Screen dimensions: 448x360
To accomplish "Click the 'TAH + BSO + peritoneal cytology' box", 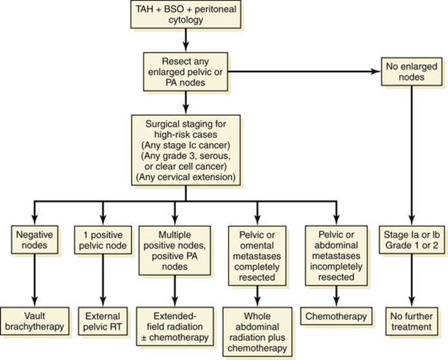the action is click(186, 14).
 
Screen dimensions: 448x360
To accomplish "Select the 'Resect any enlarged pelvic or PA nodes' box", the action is click(185, 72).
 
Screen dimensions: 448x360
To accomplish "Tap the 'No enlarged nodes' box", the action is click(412, 72).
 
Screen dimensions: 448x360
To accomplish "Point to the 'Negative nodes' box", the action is click(35, 240).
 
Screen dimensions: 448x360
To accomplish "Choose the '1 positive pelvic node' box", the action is click(103, 240).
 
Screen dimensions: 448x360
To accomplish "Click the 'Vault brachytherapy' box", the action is click(35, 321).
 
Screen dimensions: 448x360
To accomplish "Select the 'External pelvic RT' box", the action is click(103, 321).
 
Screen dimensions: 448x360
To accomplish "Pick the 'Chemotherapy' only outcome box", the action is click(336, 316).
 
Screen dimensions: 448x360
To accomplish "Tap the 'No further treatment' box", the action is click(412, 321).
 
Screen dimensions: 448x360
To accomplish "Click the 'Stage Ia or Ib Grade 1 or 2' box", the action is click(412, 240).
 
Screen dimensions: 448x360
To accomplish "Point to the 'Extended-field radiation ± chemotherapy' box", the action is click(175, 327).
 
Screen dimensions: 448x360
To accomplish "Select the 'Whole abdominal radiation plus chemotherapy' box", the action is click(257, 332).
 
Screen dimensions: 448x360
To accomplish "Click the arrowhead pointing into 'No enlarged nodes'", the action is click(376, 72).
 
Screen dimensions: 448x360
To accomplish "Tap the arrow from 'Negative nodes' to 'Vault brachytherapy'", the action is click(35, 280).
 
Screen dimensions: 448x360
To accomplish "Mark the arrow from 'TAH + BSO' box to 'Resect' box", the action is click(186, 40).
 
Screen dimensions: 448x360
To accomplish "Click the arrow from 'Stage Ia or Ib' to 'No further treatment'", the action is click(412, 280).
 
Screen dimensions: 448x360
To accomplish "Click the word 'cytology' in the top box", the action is click(186, 20).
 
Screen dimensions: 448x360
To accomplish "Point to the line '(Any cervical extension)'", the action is click(186, 177).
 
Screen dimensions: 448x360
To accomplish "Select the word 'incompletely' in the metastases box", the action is click(336, 267).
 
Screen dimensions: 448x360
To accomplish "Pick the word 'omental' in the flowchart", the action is click(257, 245).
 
